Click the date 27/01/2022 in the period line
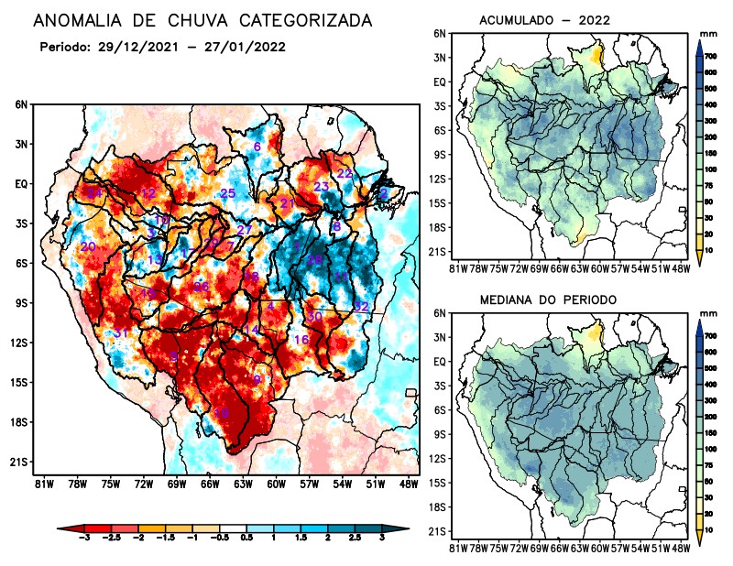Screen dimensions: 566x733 pos(248,46)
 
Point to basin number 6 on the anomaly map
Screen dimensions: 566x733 pos(257,147)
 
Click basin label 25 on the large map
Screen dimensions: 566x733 pos(228,193)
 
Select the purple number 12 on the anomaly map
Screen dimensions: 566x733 pos(148,193)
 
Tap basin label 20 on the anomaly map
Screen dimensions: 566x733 pos(88,247)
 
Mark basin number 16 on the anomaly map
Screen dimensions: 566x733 pos(301,340)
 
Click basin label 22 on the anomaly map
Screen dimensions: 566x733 pos(345,173)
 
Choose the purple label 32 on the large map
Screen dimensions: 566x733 pos(361,306)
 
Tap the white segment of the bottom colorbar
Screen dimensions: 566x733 pos(234,529)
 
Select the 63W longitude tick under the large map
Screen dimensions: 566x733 pos(242,483)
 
